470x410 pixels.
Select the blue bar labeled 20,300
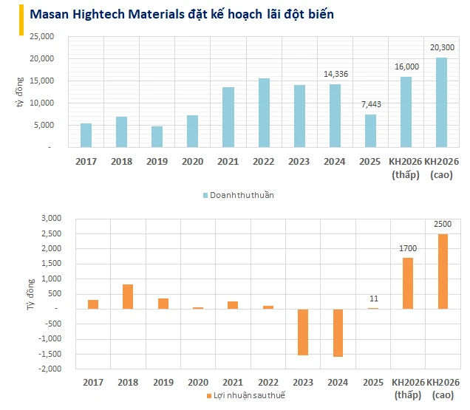[x=441, y=102]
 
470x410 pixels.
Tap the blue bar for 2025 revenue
[x=370, y=131]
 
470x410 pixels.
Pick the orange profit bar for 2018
[x=128, y=296]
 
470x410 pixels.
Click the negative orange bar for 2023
[x=302, y=332]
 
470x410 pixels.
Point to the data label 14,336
[x=335, y=74]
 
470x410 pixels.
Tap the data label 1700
[x=406, y=248]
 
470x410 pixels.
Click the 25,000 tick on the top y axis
[x=41, y=36]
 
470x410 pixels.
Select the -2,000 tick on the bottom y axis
[x=45, y=369]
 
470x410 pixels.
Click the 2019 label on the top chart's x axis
[x=157, y=160]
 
